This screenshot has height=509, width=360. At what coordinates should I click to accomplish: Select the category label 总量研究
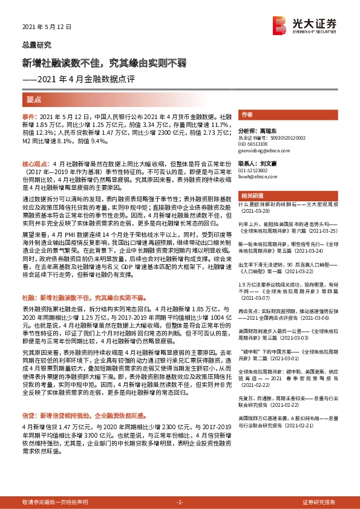(x=36, y=45)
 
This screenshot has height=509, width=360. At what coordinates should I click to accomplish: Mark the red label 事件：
(x=30, y=115)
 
